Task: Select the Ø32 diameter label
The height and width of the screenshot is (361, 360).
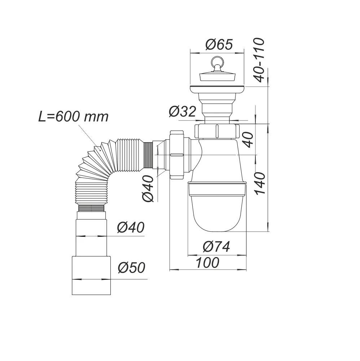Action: coord(182,112)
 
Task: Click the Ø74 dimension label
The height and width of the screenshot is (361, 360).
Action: coord(216,247)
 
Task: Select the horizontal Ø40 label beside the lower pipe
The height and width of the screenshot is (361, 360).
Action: coord(130,227)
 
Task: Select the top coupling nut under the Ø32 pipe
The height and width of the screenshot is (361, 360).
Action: coord(217,131)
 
